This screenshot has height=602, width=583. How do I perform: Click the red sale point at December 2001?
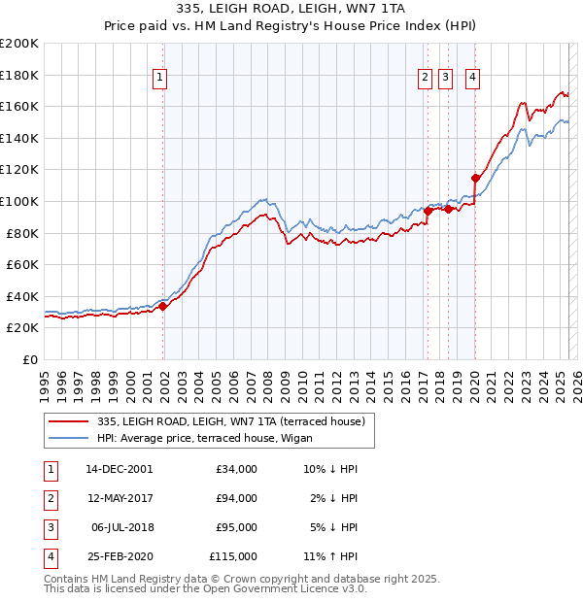click(163, 306)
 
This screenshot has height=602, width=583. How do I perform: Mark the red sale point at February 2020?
click(475, 178)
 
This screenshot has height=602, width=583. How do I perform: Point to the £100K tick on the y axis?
click(19, 201)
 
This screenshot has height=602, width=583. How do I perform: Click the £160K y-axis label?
click(19, 106)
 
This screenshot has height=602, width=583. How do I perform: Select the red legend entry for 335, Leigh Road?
click(231, 421)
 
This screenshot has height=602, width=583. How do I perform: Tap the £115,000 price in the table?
click(233, 556)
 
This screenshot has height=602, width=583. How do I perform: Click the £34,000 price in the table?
click(236, 469)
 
